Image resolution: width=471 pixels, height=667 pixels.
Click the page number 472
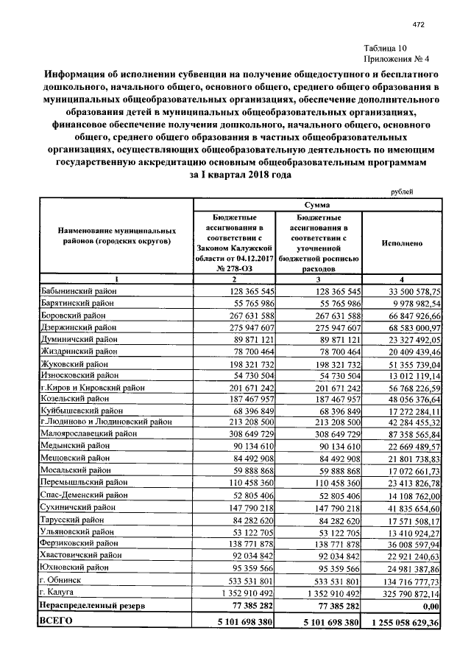pos(418,25)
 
